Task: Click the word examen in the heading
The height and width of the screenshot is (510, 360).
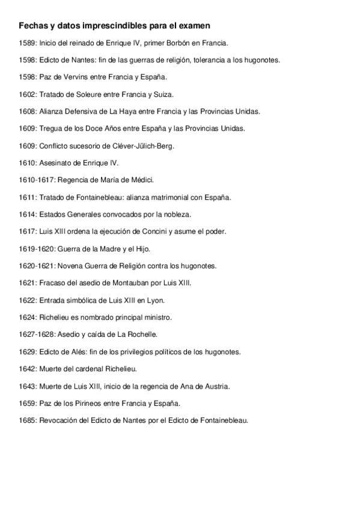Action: (x=194, y=26)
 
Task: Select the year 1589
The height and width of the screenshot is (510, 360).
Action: (x=28, y=43)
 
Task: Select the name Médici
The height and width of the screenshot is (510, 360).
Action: (x=141, y=180)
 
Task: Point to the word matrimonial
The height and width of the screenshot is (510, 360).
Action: (x=165, y=197)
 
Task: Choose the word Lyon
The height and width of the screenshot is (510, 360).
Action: (x=156, y=300)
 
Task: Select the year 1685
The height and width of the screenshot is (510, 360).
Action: (x=28, y=420)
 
